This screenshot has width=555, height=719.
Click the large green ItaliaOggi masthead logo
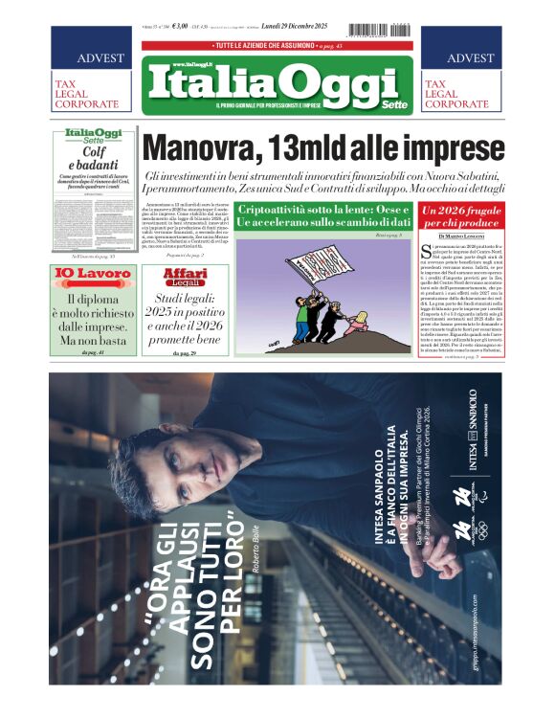pyautogui.click(x=277, y=83)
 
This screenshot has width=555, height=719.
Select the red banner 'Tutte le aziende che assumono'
pyautogui.click(x=277, y=46)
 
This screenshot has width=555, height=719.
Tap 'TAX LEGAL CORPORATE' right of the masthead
pyautogui.click(x=460, y=93)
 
